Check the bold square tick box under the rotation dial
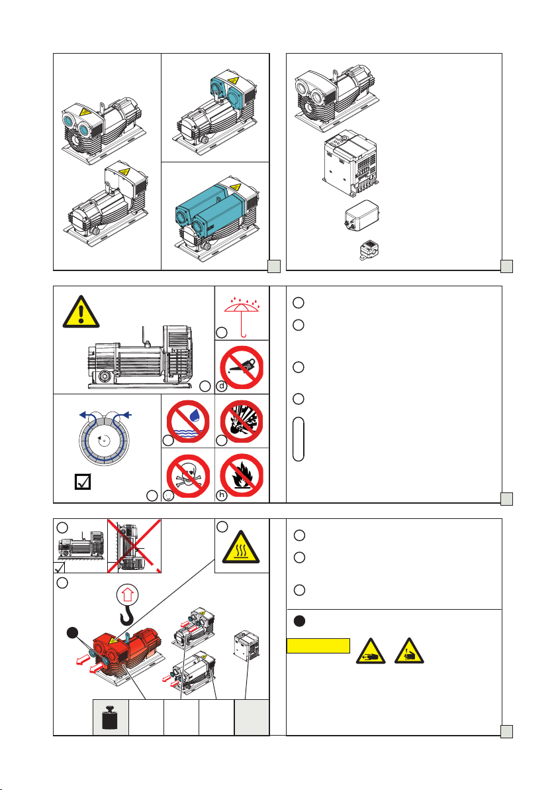tap(82, 483)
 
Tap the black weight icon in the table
tap(109, 717)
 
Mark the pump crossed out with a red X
tap(134, 547)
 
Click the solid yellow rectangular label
tap(318, 646)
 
